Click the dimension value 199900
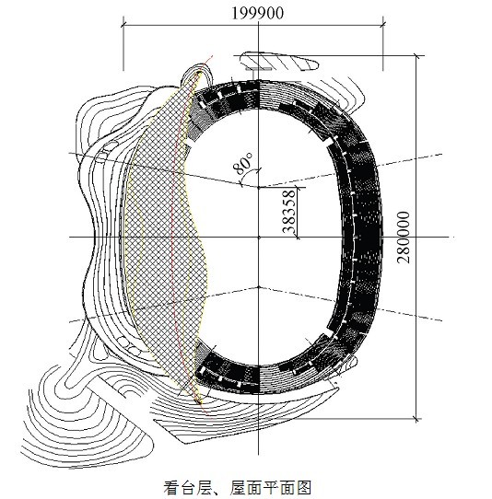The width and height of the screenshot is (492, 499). point(257,14)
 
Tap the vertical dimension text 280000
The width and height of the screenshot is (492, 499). point(404,238)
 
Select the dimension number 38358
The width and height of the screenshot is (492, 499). point(289,212)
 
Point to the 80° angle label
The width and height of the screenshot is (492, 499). point(243,164)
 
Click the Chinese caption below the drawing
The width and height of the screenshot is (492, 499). point(237,487)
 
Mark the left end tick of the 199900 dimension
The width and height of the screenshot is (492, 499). point(123,24)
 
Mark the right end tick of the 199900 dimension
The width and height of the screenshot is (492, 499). point(382,24)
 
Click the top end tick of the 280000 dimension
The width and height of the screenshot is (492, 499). point(416,56)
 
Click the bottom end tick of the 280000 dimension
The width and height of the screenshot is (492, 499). point(416,419)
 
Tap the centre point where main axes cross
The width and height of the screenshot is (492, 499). point(259,238)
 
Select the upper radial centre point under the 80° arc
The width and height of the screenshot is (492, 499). point(259,188)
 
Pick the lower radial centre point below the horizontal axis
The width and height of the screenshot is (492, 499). point(259,287)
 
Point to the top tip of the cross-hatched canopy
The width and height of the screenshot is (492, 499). point(200,73)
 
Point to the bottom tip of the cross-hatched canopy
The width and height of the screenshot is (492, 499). point(200,403)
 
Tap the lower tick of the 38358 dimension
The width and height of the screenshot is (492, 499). point(298,238)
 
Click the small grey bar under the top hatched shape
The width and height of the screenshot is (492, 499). point(259,68)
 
